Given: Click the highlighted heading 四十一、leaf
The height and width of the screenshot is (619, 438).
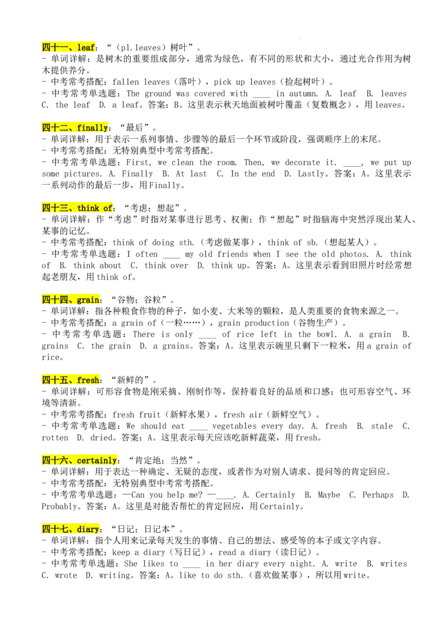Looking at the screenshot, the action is click(x=68, y=48).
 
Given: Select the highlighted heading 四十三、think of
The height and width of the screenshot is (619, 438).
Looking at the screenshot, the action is click(x=78, y=208).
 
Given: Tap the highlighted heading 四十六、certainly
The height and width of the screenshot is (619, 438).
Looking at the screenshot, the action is click(x=79, y=460).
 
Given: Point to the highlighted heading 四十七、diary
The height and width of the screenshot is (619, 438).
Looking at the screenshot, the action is click(x=71, y=529).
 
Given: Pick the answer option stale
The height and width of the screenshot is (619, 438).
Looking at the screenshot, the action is click(x=382, y=427).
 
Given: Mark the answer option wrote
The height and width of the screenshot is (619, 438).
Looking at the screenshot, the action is click(x=66, y=576).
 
